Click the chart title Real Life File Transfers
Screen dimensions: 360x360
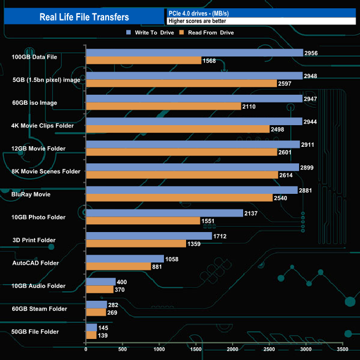point(84,17)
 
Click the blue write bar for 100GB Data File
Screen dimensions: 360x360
point(194,53)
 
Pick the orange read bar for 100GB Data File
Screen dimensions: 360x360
point(143,60)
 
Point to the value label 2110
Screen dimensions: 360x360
point(250,106)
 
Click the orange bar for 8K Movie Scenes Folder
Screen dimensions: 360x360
point(182,174)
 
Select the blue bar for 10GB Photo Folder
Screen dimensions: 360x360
point(164,213)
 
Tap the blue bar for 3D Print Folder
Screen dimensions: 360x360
point(149,236)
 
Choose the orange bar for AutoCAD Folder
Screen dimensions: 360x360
point(119,266)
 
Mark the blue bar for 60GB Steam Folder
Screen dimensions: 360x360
point(96,305)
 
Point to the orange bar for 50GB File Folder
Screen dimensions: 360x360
point(91,335)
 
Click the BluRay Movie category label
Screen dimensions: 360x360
point(32,194)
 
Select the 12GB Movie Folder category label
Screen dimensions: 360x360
point(39,148)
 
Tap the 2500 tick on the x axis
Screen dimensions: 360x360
point(269,349)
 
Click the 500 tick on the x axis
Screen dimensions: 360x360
point(122,349)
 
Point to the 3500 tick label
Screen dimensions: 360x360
point(342,349)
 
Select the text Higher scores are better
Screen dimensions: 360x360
point(197,21)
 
